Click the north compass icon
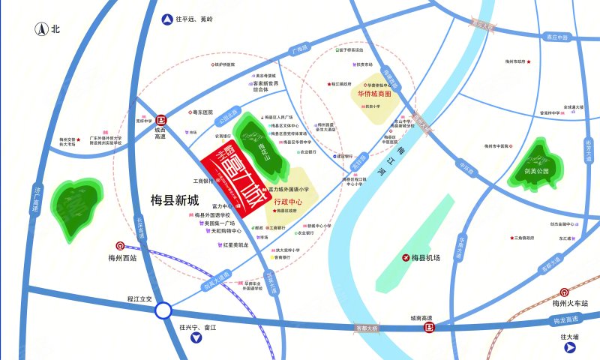43,30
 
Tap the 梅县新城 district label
169,200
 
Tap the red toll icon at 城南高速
431,326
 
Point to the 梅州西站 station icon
120,246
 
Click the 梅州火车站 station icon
563,292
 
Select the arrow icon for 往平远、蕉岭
166,19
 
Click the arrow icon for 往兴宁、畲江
197,338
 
